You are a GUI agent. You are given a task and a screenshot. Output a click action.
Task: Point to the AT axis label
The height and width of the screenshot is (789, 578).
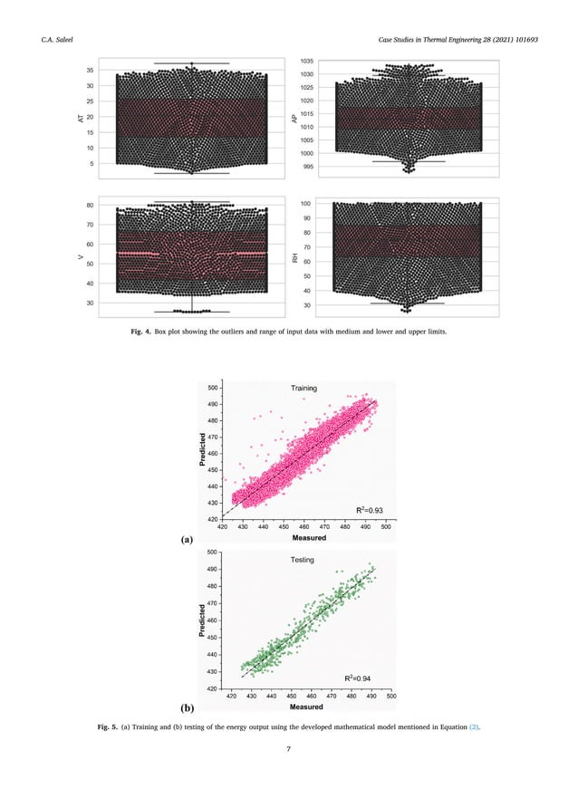[82, 130]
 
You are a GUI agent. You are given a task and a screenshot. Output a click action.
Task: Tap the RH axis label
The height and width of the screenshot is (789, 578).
[295, 259]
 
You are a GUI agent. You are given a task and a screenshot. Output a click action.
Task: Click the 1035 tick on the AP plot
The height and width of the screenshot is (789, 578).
[308, 61]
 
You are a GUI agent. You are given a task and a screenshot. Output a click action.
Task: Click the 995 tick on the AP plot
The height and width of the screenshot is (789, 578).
[309, 167]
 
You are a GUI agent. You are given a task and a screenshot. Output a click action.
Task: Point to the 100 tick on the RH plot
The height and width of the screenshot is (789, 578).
[307, 205]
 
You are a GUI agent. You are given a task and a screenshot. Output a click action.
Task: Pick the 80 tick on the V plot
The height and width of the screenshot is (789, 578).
[91, 206]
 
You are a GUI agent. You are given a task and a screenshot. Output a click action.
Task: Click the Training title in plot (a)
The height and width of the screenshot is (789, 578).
[303, 389]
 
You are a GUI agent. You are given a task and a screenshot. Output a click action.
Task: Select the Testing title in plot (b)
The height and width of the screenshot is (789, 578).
[302, 560]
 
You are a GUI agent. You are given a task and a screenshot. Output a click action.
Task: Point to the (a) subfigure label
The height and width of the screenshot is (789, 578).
[188, 539]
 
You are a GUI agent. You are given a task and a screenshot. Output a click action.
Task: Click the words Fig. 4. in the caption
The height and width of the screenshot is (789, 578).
[147, 332]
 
